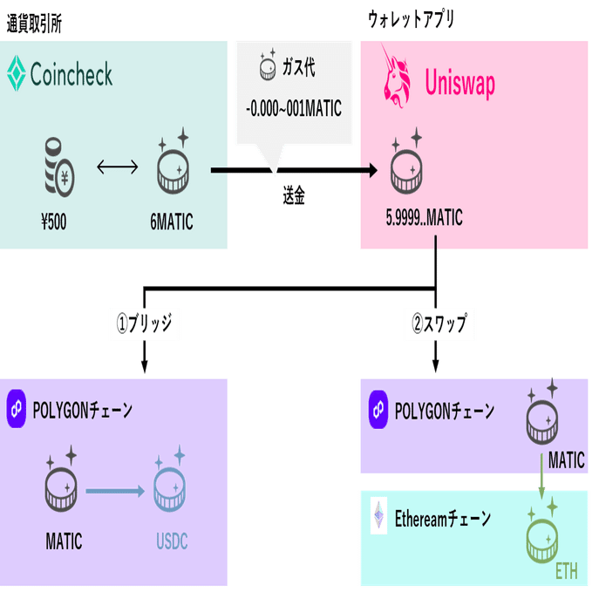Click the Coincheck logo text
71,75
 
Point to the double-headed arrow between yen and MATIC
117,167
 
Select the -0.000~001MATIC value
294,109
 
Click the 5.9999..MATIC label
424,219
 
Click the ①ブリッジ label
145,324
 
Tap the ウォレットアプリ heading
411,19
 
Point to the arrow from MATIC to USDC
114,492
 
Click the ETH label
567,572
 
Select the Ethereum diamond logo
378,515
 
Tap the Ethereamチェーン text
442,519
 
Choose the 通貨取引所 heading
34,22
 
